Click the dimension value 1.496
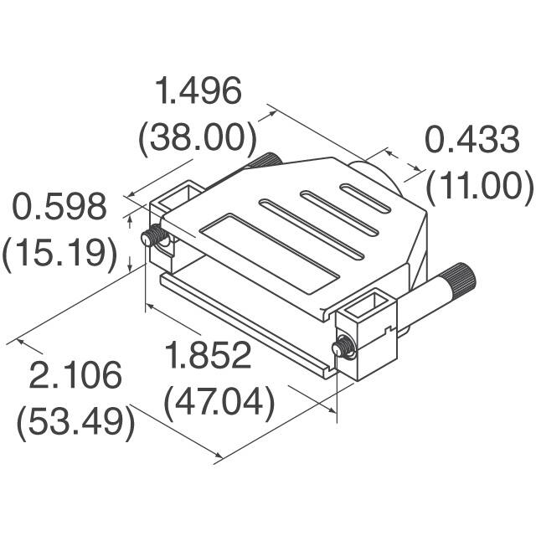coord(199,91)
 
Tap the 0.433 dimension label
coord(472,140)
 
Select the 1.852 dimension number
coord(208,355)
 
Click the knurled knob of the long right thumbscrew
coord(459,276)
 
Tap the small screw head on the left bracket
coord(152,238)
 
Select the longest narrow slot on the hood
coord(312,229)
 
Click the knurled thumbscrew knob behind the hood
coord(268,159)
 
